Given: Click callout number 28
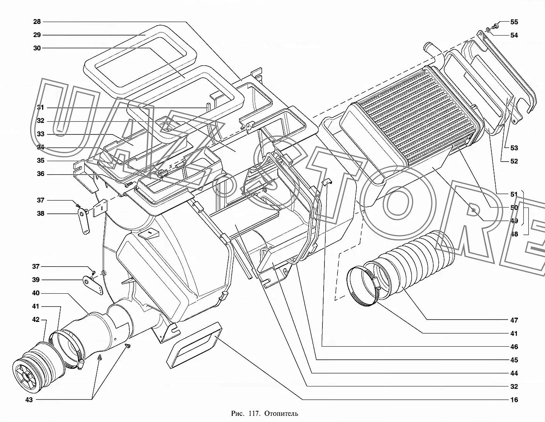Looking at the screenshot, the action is pyautogui.click(x=37, y=22).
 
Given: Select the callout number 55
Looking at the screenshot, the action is pyautogui.click(x=514, y=22).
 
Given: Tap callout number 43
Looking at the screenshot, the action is pyautogui.click(x=29, y=400).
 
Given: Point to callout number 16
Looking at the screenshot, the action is pyautogui.click(x=514, y=400).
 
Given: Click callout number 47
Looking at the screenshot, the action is pyautogui.click(x=514, y=320).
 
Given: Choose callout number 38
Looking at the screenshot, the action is pyautogui.click(x=41, y=213).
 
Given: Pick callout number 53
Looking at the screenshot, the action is pyautogui.click(x=514, y=148).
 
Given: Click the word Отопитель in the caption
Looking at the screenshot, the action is pyautogui.click(x=281, y=413).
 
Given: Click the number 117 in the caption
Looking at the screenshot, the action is pyautogui.click(x=254, y=413).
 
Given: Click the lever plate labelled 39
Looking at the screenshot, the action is pyautogui.click(x=93, y=285).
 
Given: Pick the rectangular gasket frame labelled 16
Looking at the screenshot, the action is pyautogui.click(x=195, y=345).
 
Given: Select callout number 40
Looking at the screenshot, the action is pyautogui.click(x=36, y=293).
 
